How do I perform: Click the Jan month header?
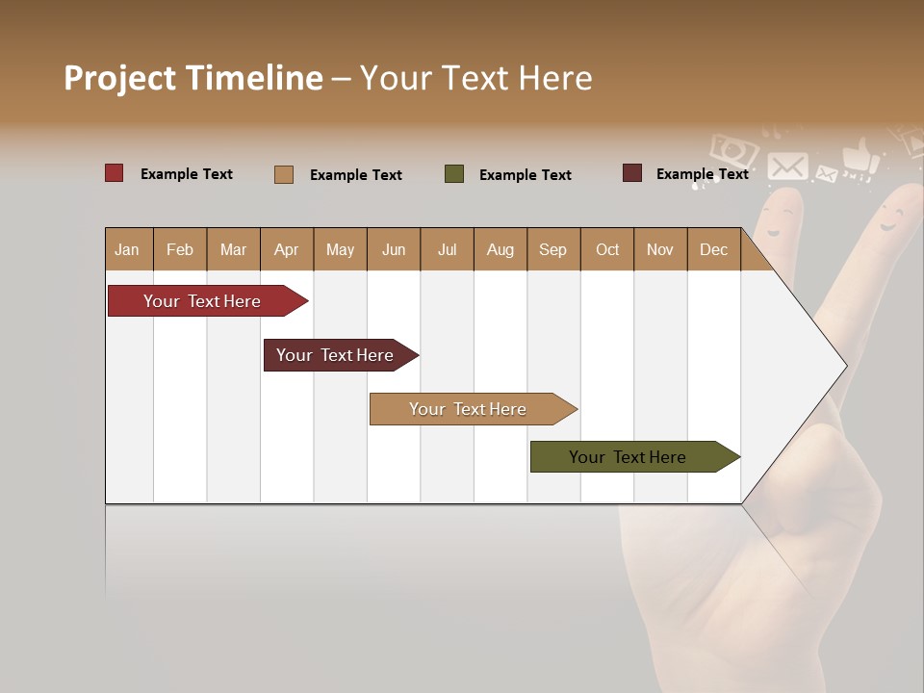(127, 249)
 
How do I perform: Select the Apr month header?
(287, 249)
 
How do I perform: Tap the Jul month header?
(447, 249)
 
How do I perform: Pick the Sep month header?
(552, 249)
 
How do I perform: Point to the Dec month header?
(713, 249)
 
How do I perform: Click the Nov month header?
(660, 249)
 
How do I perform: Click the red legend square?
(115, 173)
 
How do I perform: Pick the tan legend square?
(284, 174)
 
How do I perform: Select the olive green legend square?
(454, 174)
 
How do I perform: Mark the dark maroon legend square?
(632, 173)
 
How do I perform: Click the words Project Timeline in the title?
(193, 78)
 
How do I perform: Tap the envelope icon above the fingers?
(787, 166)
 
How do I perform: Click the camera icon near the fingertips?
(733, 150)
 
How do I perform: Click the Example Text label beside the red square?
(187, 174)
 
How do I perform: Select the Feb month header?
(180, 249)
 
